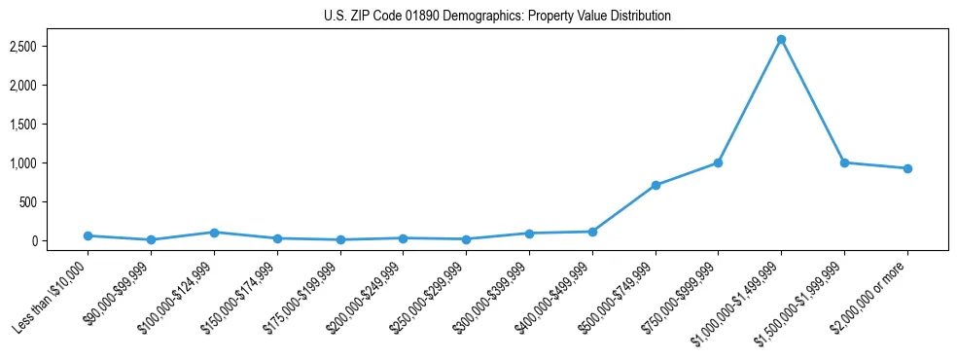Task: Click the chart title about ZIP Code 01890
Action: pyautogui.click(x=497, y=17)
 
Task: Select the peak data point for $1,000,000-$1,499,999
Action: pyautogui.click(x=781, y=40)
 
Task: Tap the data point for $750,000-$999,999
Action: pyautogui.click(x=718, y=162)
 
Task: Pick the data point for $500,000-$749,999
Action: pyautogui.click(x=656, y=185)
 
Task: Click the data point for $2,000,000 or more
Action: pyautogui.click(x=906, y=168)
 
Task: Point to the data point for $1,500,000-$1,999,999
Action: pyautogui.click(x=844, y=162)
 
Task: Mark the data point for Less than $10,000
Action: pyautogui.click(x=89, y=235)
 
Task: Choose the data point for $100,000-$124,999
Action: pyautogui.click(x=214, y=233)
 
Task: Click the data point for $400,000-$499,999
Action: pyautogui.click(x=592, y=232)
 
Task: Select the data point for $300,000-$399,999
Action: pyautogui.click(x=529, y=234)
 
